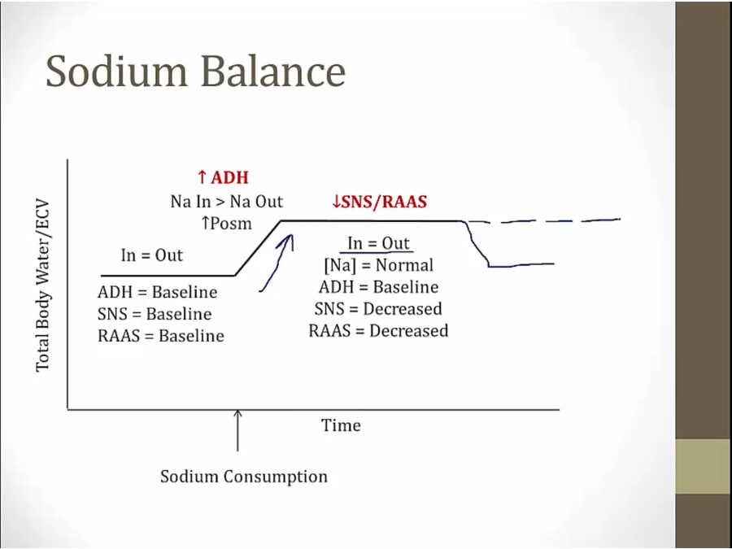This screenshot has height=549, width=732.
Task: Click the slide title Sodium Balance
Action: click(195, 72)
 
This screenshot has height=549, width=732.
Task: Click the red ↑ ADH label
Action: click(223, 177)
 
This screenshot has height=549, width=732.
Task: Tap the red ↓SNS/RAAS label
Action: click(379, 202)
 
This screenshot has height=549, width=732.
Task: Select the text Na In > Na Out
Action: click(227, 202)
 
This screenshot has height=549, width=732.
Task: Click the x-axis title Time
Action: click(341, 425)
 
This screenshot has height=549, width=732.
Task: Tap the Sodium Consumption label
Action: click(243, 477)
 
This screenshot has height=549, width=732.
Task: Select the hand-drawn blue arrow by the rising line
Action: click(277, 260)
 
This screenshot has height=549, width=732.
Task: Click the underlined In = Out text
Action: click(378, 244)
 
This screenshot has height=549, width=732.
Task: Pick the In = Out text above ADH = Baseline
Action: click(152, 255)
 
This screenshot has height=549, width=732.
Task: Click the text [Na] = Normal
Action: click(378, 265)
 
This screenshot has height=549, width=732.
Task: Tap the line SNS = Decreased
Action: click(378, 309)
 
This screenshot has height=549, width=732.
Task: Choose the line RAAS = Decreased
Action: click(378, 331)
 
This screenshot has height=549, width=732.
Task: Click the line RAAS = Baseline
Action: click(160, 336)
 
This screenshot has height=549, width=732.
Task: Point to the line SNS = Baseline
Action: click(155, 314)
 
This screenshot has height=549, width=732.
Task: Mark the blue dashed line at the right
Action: click(545, 220)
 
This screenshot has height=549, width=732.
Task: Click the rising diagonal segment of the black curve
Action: click(259, 247)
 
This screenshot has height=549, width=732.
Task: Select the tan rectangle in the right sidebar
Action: click(703, 466)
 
